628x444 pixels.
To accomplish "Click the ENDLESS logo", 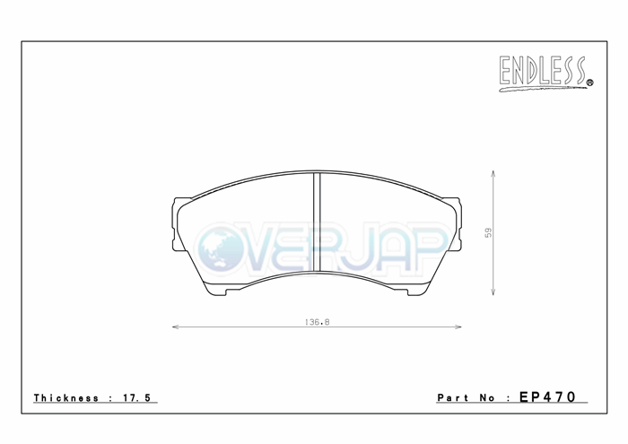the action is click(545, 74).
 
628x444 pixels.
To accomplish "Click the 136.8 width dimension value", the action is click(318, 322).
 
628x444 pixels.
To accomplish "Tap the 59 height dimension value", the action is click(488, 232).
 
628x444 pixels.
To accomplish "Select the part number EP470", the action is click(547, 396).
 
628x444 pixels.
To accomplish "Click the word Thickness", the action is click(66, 398).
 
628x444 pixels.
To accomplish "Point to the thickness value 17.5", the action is click(136, 398).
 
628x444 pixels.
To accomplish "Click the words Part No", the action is click(467, 398).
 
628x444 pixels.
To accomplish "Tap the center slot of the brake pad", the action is click(317, 222).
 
